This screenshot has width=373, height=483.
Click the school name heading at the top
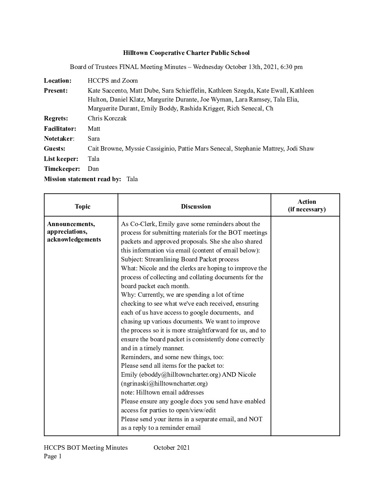[x=186, y=53]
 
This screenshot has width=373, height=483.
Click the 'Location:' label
[x=58, y=81]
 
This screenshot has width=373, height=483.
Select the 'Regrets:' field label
[x=56, y=118]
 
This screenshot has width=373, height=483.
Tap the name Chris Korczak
[x=107, y=118]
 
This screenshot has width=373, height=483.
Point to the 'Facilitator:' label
[x=60, y=129]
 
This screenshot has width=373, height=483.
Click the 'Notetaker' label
[x=59, y=139]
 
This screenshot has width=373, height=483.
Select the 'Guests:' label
[x=55, y=149]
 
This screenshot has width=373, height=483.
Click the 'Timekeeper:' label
[x=62, y=169]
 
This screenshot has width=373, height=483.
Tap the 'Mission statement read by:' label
[x=82, y=179]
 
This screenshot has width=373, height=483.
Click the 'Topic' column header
[x=82, y=207]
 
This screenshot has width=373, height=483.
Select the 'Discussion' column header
[x=196, y=207]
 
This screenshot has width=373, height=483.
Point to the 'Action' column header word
[x=307, y=202]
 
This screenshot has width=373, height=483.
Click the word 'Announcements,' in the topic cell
[x=71, y=224]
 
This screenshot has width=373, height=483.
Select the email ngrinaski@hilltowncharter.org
[x=164, y=384]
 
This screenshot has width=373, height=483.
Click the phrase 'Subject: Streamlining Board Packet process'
[x=180, y=259]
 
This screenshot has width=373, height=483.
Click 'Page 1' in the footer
[x=52, y=456]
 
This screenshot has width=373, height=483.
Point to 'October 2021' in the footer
[x=171, y=447]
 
